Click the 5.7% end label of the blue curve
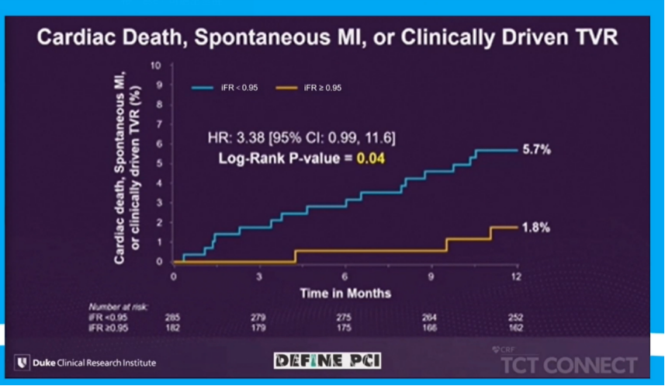[x=536, y=150]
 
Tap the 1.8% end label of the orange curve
[x=536, y=228]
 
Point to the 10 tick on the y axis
[x=156, y=64]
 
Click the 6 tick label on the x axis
[x=345, y=276]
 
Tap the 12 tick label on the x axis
[x=516, y=276]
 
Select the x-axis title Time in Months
[x=345, y=293]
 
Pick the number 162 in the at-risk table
[x=515, y=328]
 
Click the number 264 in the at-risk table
[x=430, y=318]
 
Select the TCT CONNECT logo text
[x=569, y=365]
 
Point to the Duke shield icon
[x=24, y=362]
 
